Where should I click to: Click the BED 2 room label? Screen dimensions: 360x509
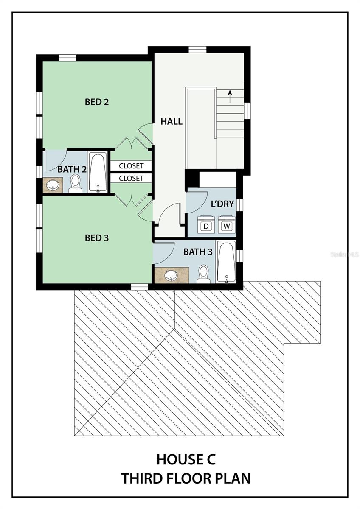click(97, 102)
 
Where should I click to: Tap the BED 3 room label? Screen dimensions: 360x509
click(97, 238)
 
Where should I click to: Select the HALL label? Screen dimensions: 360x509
click(172, 122)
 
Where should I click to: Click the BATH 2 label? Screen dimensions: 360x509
click(72, 169)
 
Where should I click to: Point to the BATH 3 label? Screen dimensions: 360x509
click(198, 252)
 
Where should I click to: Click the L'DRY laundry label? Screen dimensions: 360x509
click(222, 204)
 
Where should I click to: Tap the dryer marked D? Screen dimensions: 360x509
click(206, 224)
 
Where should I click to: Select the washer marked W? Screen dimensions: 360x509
click(227, 224)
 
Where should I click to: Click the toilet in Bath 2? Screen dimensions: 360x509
click(75, 183)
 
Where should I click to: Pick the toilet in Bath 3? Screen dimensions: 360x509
click(203, 274)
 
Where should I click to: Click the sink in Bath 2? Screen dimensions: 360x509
click(53, 185)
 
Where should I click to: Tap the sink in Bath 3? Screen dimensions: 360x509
click(171, 275)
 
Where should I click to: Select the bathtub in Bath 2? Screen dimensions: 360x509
click(98, 173)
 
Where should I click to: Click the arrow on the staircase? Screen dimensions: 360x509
click(230, 97)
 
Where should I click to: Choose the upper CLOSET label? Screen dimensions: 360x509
click(131, 166)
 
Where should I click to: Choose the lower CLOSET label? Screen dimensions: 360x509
click(131, 179)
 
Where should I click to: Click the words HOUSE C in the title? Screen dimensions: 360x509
click(186, 459)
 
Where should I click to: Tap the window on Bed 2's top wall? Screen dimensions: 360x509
click(67, 58)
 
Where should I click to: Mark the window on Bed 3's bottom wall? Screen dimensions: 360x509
click(139, 287)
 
